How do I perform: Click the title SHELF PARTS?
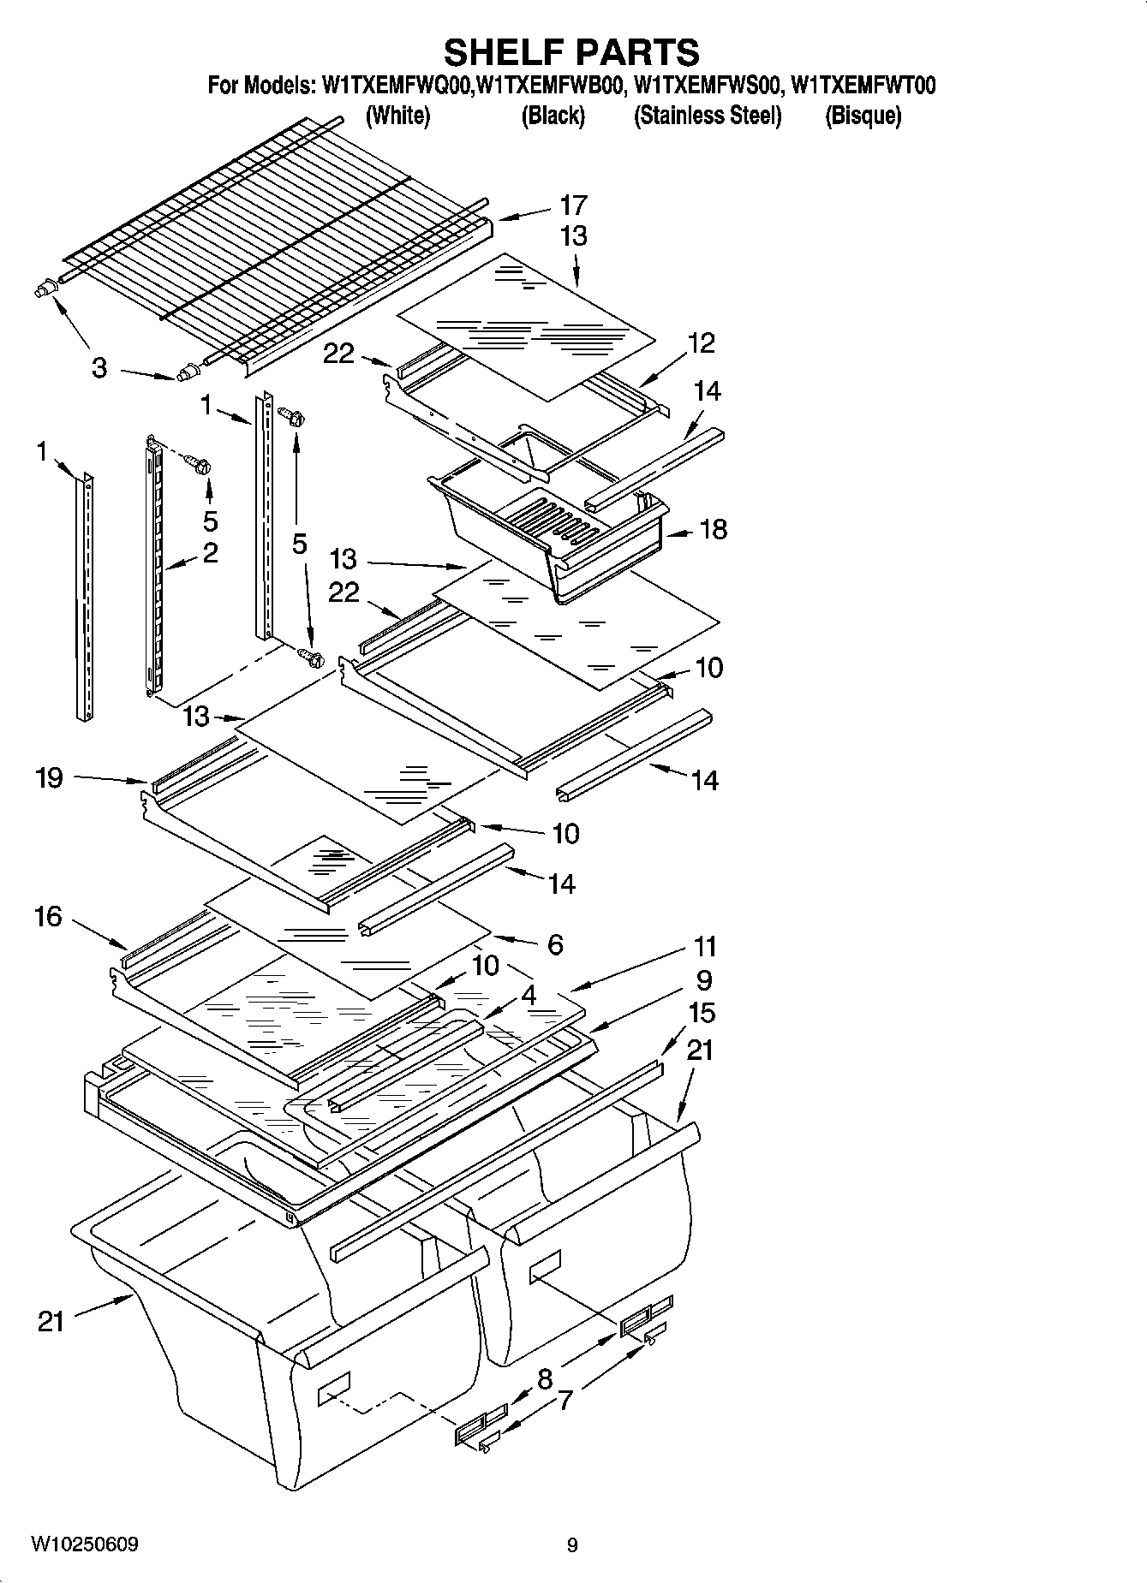pyautogui.click(x=571, y=53)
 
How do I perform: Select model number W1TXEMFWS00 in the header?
pyautogui.click(x=708, y=86)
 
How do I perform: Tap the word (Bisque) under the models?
pyautogui.click(x=863, y=116)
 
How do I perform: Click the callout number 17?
pyautogui.click(x=573, y=205)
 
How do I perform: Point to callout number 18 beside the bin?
pyautogui.click(x=713, y=529)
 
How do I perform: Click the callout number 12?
pyautogui.click(x=700, y=343)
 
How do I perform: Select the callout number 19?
pyautogui.click(x=49, y=777)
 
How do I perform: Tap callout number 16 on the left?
pyautogui.click(x=48, y=917)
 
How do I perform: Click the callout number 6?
pyautogui.click(x=555, y=944)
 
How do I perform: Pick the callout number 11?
pyautogui.click(x=704, y=947)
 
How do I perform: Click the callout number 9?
pyautogui.click(x=704, y=980)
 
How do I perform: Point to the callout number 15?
pyautogui.click(x=701, y=1013)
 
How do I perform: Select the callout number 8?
pyautogui.click(x=545, y=1378)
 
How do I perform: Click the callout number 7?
pyautogui.click(x=565, y=1401)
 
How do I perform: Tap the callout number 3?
pyautogui.click(x=99, y=368)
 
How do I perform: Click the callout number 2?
pyautogui.click(x=210, y=552)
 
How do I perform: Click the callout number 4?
pyautogui.click(x=529, y=995)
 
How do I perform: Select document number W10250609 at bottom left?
pyautogui.click(x=84, y=1544)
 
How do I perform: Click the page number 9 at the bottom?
pyautogui.click(x=572, y=1545)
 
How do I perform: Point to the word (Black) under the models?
pyautogui.click(x=553, y=116)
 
